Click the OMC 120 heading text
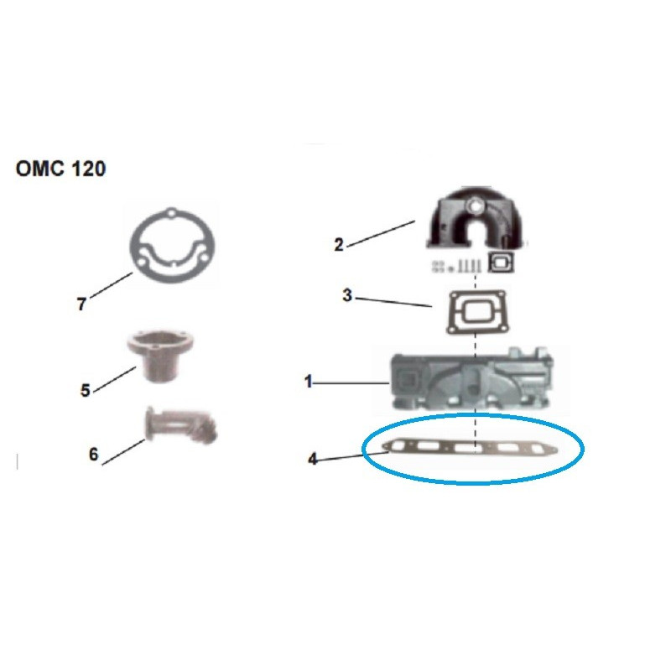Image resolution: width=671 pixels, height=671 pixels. (60, 169)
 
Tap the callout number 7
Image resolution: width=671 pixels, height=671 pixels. (81, 304)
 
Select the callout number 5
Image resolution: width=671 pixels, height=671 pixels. (86, 390)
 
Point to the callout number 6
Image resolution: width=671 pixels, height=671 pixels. (94, 454)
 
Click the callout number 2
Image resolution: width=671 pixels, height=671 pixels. (339, 245)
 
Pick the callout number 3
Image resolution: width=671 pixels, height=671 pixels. (346, 295)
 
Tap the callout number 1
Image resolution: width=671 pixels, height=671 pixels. (309, 382)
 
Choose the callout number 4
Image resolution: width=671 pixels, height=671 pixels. (313, 459)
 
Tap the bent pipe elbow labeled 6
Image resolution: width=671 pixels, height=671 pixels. (181, 426)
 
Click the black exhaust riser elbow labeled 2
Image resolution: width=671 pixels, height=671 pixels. (476, 217)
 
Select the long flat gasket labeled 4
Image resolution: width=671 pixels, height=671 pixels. (471, 448)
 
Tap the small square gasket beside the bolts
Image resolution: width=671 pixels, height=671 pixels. (501, 262)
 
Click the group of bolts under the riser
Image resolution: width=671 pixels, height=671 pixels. (456, 266)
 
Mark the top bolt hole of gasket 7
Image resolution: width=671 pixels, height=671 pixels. (172, 213)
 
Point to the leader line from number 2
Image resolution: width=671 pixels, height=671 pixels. (381, 234)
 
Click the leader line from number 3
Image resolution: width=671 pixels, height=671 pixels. (393, 302)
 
